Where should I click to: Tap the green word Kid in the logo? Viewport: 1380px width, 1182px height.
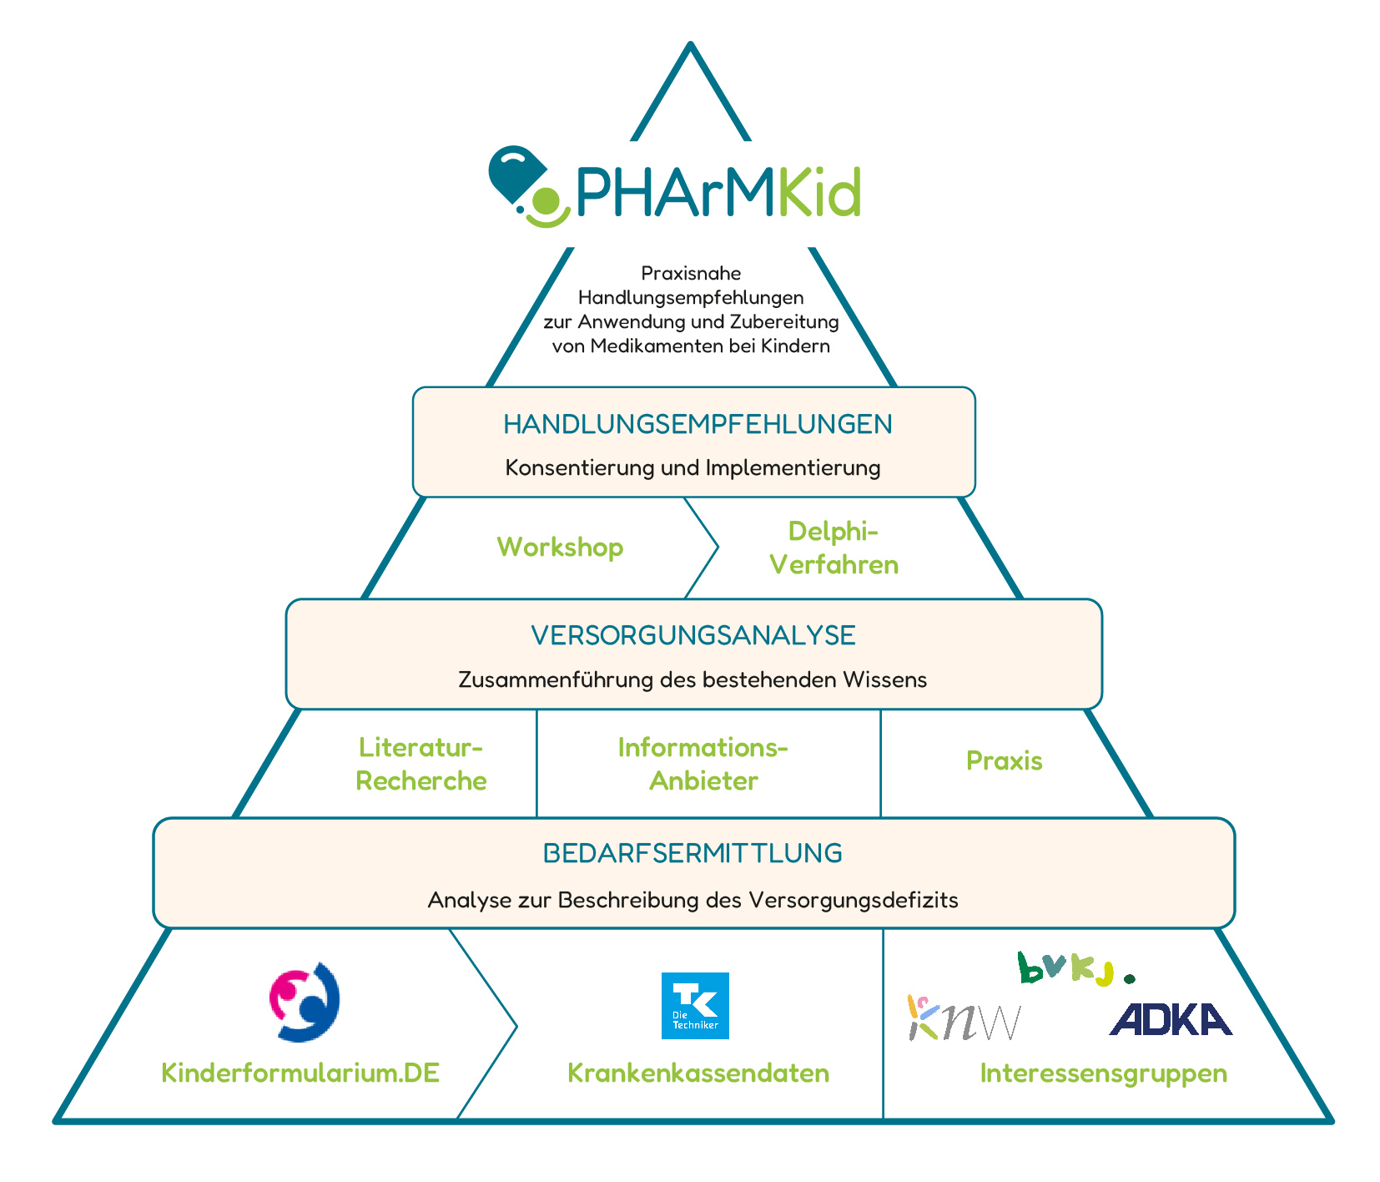(x=819, y=192)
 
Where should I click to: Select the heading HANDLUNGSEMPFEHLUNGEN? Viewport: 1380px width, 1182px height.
(x=698, y=424)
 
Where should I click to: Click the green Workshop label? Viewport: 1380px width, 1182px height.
(x=560, y=547)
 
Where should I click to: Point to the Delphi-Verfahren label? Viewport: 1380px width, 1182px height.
(x=834, y=548)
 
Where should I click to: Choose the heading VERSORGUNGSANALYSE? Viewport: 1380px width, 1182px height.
(x=693, y=635)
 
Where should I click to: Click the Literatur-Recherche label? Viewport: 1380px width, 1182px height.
(x=421, y=763)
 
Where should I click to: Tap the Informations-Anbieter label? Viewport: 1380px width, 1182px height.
(x=703, y=763)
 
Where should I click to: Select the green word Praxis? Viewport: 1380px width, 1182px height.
(x=1004, y=760)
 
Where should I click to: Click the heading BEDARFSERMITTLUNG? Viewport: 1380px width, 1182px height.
(x=693, y=853)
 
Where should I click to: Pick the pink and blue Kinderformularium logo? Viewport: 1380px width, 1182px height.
(x=304, y=1002)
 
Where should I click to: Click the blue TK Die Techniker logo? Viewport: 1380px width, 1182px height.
(x=695, y=1005)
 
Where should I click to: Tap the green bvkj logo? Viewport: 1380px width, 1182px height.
(x=1075, y=968)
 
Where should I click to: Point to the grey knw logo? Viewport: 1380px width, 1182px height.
(x=963, y=1019)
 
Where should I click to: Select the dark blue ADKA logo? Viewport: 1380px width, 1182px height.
(x=1170, y=1019)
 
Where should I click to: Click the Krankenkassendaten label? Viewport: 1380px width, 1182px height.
(x=698, y=1073)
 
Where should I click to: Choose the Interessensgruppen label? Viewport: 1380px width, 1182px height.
(x=1103, y=1073)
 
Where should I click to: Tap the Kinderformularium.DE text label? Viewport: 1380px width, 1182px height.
(x=300, y=1073)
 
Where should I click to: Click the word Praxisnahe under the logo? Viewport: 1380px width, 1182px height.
(x=691, y=273)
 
